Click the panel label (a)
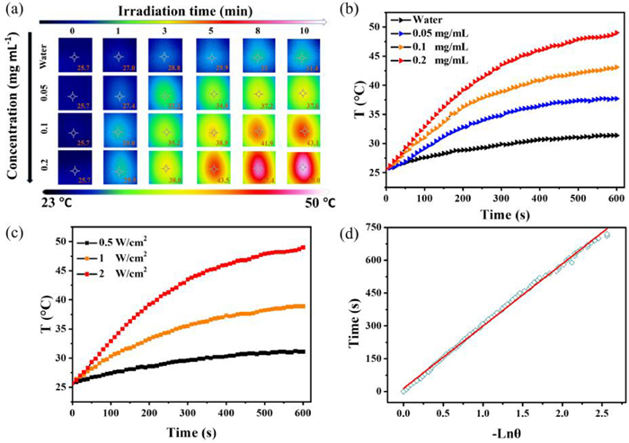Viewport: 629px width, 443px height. [x=15, y=12]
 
